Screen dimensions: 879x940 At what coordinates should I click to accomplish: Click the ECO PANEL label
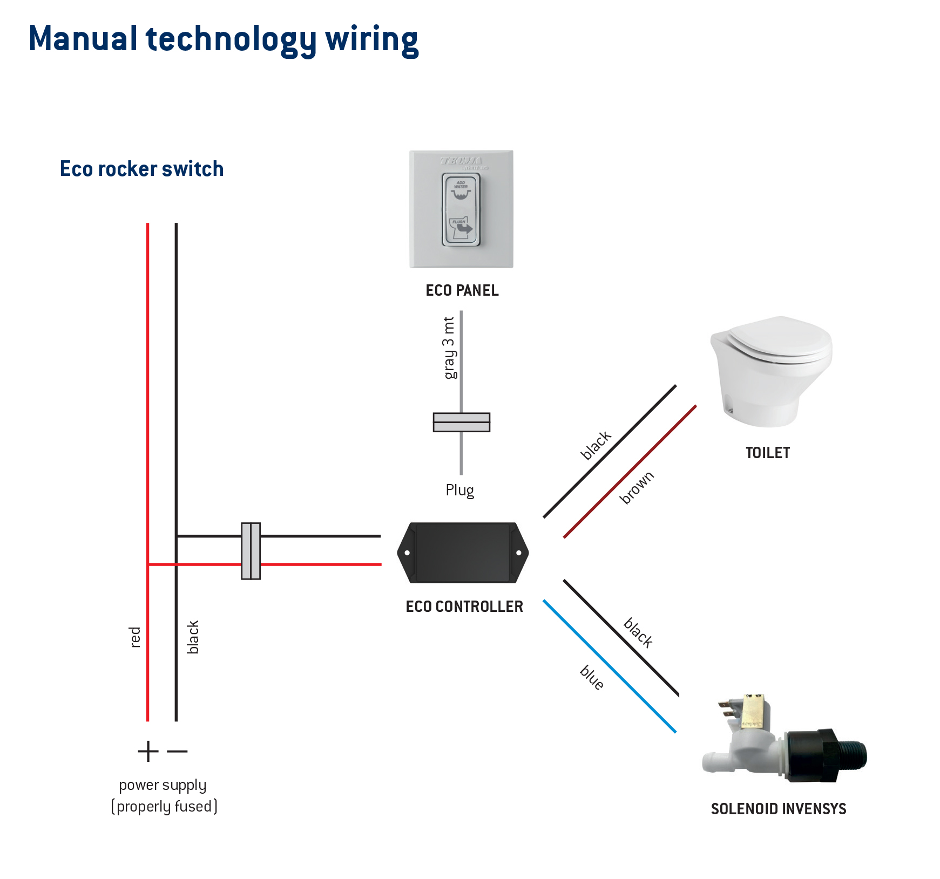[x=462, y=290]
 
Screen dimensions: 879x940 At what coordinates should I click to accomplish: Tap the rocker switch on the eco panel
[x=461, y=210]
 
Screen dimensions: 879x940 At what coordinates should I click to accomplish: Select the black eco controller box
[x=463, y=553]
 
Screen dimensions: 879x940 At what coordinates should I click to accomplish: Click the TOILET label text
[x=767, y=453]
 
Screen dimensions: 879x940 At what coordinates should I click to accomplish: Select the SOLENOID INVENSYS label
[x=778, y=809]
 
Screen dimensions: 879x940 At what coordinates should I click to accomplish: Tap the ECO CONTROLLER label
[x=464, y=607]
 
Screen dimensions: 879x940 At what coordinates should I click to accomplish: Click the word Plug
[x=459, y=490]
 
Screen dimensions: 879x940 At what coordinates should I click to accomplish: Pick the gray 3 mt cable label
[x=449, y=348]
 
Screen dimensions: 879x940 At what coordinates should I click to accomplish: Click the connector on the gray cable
[x=461, y=422]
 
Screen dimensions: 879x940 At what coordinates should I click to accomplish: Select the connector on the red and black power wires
[x=251, y=551]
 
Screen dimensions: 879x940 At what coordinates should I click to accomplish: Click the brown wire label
[x=637, y=487]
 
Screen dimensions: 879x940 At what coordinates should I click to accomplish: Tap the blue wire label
[x=592, y=678]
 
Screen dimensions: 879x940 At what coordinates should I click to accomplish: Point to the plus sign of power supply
[x=148, y=751]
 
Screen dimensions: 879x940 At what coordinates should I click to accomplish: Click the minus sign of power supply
[x=177, y=751]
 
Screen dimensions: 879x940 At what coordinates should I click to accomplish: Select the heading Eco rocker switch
[x=141, y=169]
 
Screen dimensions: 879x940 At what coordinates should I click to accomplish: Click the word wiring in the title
[x=371, y=39]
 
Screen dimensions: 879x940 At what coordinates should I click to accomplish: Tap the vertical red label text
[x=135, y=637]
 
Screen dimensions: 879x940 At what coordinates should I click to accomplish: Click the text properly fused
[x=164, y=807]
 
